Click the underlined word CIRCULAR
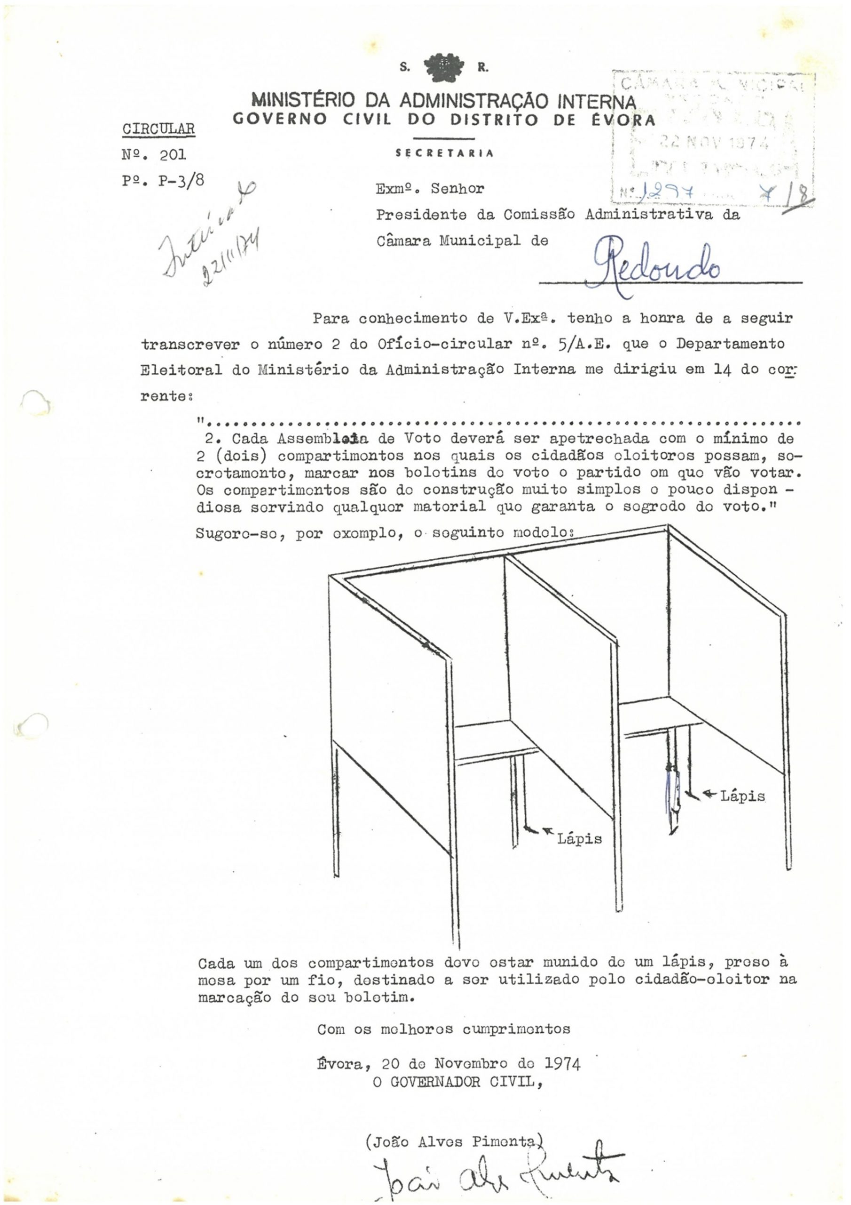tap(158, 129)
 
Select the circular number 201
tap(173, 155)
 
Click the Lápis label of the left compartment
tap(579, 839)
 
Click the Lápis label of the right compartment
tap(742, 796)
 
